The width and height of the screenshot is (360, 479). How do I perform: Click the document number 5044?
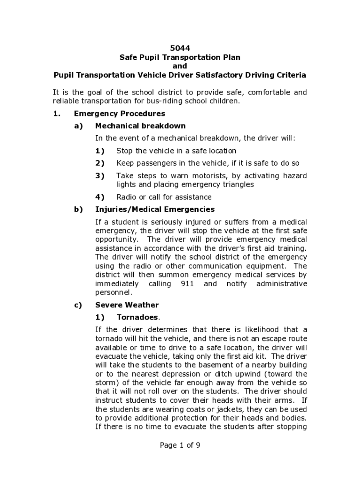pyautogui.click(x=180, y=48)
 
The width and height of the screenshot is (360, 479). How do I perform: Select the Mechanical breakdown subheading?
pyautogui.click(x=140, y=126)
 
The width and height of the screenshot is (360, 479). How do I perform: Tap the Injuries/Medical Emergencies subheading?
pyautogui.click(x=155, y=209)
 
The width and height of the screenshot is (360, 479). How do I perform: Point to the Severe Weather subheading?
pyautogui.click(x=127, y=305)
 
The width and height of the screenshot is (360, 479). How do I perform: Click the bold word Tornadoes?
pyautogui.click(x=137, y=317)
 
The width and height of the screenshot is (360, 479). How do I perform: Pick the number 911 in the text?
pyautogui.click(x=180, y=284)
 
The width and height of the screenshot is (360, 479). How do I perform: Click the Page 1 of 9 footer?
pyautogui.click(x=180, y=445)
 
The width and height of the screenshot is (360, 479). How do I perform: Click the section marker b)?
pyautogui.click(x=78, y=209)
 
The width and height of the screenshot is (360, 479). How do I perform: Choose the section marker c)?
pyautogui.click(x=78, y=305)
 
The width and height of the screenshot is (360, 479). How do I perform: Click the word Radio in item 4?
pyautogui.click(x=126, y=197)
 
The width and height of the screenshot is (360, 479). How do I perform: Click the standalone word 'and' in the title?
pyautogui.click(x=180, y=66)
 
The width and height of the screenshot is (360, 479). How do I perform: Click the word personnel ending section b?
pyautogui.click(x=113, y=293)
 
